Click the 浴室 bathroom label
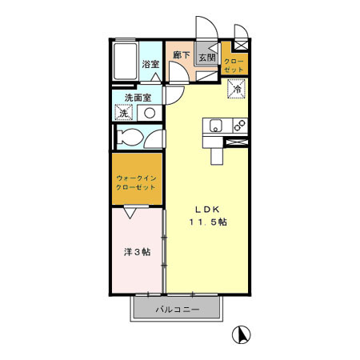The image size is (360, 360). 150,64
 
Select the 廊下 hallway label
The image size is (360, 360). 182,55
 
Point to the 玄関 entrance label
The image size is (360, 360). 206,58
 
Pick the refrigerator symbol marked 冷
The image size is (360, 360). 237,90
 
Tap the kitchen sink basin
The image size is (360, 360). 215,126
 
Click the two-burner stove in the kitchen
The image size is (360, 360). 238,126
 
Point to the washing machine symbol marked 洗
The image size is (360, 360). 123,113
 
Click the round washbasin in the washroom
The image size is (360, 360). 149,113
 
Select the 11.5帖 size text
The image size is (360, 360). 207,222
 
